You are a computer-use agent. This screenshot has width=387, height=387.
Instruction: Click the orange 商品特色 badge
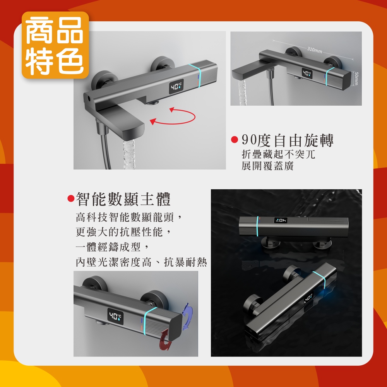[x=55, y=45]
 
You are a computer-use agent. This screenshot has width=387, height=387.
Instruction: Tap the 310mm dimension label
[x=314, y=50]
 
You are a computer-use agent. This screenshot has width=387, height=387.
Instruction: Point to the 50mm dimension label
[x=356, y=79]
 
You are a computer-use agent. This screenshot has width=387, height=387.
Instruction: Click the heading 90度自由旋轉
[x=288, y=140]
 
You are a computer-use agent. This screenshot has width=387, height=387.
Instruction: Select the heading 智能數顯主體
[x=123, y=199]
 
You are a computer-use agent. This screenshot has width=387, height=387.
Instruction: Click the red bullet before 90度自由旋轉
[x=235, y=140]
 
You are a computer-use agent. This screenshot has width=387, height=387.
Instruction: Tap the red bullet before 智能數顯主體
[x=71, y=198]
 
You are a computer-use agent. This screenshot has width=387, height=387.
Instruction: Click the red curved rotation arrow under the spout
[x=173, y=116]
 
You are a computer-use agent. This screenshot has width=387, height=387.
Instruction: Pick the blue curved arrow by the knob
[x=187, y=317]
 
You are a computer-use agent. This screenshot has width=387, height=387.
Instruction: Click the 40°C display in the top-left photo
[x=176, y=87]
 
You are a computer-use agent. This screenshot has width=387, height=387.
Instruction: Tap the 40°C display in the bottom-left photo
[x=115, y=316]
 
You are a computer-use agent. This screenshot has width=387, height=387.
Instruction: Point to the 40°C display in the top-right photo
[x=307, y=73]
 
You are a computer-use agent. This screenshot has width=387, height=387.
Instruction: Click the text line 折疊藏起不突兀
[x=278, y=154]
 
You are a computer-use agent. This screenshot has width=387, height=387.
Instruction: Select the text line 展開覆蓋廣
[x=267, y=166]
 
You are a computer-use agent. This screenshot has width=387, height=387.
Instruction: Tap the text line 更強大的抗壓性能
[x=123, y=232]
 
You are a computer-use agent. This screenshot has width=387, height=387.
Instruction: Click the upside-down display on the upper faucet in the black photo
[x=281, y=221]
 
